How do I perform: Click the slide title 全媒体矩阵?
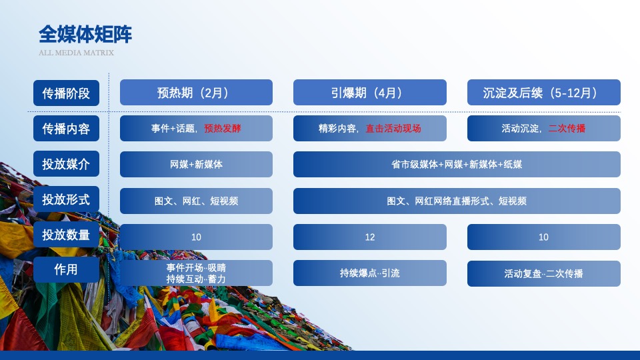pos(85,33)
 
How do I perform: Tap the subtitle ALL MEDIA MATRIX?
pos(76,53)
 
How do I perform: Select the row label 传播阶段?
pos(66,93)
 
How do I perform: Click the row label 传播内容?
pos(66,129)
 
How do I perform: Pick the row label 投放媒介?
pos(66,164)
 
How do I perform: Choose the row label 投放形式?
pos(66,199)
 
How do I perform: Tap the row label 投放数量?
pos(66,235)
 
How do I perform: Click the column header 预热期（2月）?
pos(196,93)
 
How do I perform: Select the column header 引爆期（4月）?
pos(370,93)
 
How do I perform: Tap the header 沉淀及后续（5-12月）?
pos(543,93)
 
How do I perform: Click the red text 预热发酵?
pos(223,129)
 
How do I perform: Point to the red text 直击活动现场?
pos(393,129)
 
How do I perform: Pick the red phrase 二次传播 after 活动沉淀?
pos(567,129)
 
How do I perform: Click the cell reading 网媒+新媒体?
pos(196,164)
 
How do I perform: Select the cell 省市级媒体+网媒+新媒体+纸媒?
pos(457,164)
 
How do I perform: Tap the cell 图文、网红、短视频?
pos(196,201)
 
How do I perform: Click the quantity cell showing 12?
pos(370,237)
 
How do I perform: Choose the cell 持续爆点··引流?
pos(370,273)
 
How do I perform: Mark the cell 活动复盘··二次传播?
pos(543,273)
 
